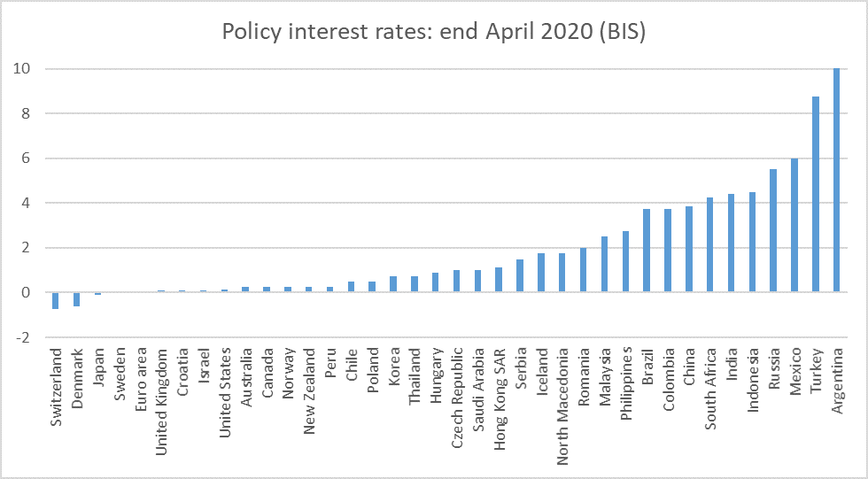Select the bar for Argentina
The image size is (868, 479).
click(837, 181)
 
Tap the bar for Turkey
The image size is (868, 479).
click(816, 195)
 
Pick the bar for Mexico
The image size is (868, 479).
click(794, 226)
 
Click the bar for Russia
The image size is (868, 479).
click(773, 231)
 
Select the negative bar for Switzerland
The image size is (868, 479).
click(55, 300)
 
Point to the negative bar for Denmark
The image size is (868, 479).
click(76, 299)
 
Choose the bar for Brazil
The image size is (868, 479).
click(647, 251)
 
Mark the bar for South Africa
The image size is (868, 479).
click(709, 245)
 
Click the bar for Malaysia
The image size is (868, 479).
click(604, 265)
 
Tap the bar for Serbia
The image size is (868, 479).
click(520, 275)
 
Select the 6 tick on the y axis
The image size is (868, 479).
click(27, 158)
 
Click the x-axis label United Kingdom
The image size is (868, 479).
click(161, 390)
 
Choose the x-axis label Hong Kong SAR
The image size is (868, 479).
click(500, 390)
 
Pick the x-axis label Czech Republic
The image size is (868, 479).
click(457, 390)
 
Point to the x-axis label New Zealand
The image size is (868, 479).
click(309, 385)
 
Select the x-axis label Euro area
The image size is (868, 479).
click(140, 376)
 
